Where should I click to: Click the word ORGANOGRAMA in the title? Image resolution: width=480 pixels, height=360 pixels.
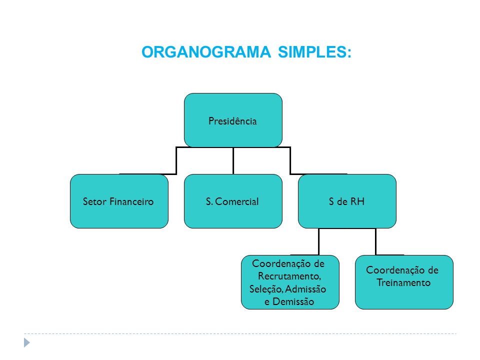(x=206, y=52)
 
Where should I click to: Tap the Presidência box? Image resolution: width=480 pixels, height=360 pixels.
(x=233, y=120)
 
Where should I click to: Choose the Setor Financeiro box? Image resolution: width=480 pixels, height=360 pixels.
(x=119, y=201)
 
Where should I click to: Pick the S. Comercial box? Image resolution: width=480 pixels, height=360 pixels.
(x=233, y=201)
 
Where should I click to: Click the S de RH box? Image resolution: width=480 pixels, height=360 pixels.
(x=347, y=201)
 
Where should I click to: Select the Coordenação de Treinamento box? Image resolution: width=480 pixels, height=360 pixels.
(x=404, y=282)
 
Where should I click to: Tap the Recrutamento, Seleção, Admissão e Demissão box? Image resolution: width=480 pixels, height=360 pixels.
(x=290, y=282)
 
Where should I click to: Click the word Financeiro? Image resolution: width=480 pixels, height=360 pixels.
(x=131, y=201)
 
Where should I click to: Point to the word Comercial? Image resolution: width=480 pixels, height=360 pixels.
(x=236, y=201)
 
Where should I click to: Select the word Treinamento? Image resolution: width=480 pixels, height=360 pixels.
(x=403, y=282)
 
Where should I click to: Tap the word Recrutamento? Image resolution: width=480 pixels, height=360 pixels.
(x=289, y=276)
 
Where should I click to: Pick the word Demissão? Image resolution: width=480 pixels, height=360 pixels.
(x=293, y=301)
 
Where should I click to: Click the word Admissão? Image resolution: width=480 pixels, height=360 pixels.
(x=305, y=289)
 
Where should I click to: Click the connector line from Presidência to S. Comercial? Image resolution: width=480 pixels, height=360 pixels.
(x=233, y=160)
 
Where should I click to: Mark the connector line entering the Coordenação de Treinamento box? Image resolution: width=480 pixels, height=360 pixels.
(x=375, y=241)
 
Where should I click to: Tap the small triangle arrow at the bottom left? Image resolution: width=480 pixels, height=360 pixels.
(x=27, y=342)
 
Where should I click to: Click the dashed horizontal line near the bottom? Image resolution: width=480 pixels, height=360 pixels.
(x=240, y=333)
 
